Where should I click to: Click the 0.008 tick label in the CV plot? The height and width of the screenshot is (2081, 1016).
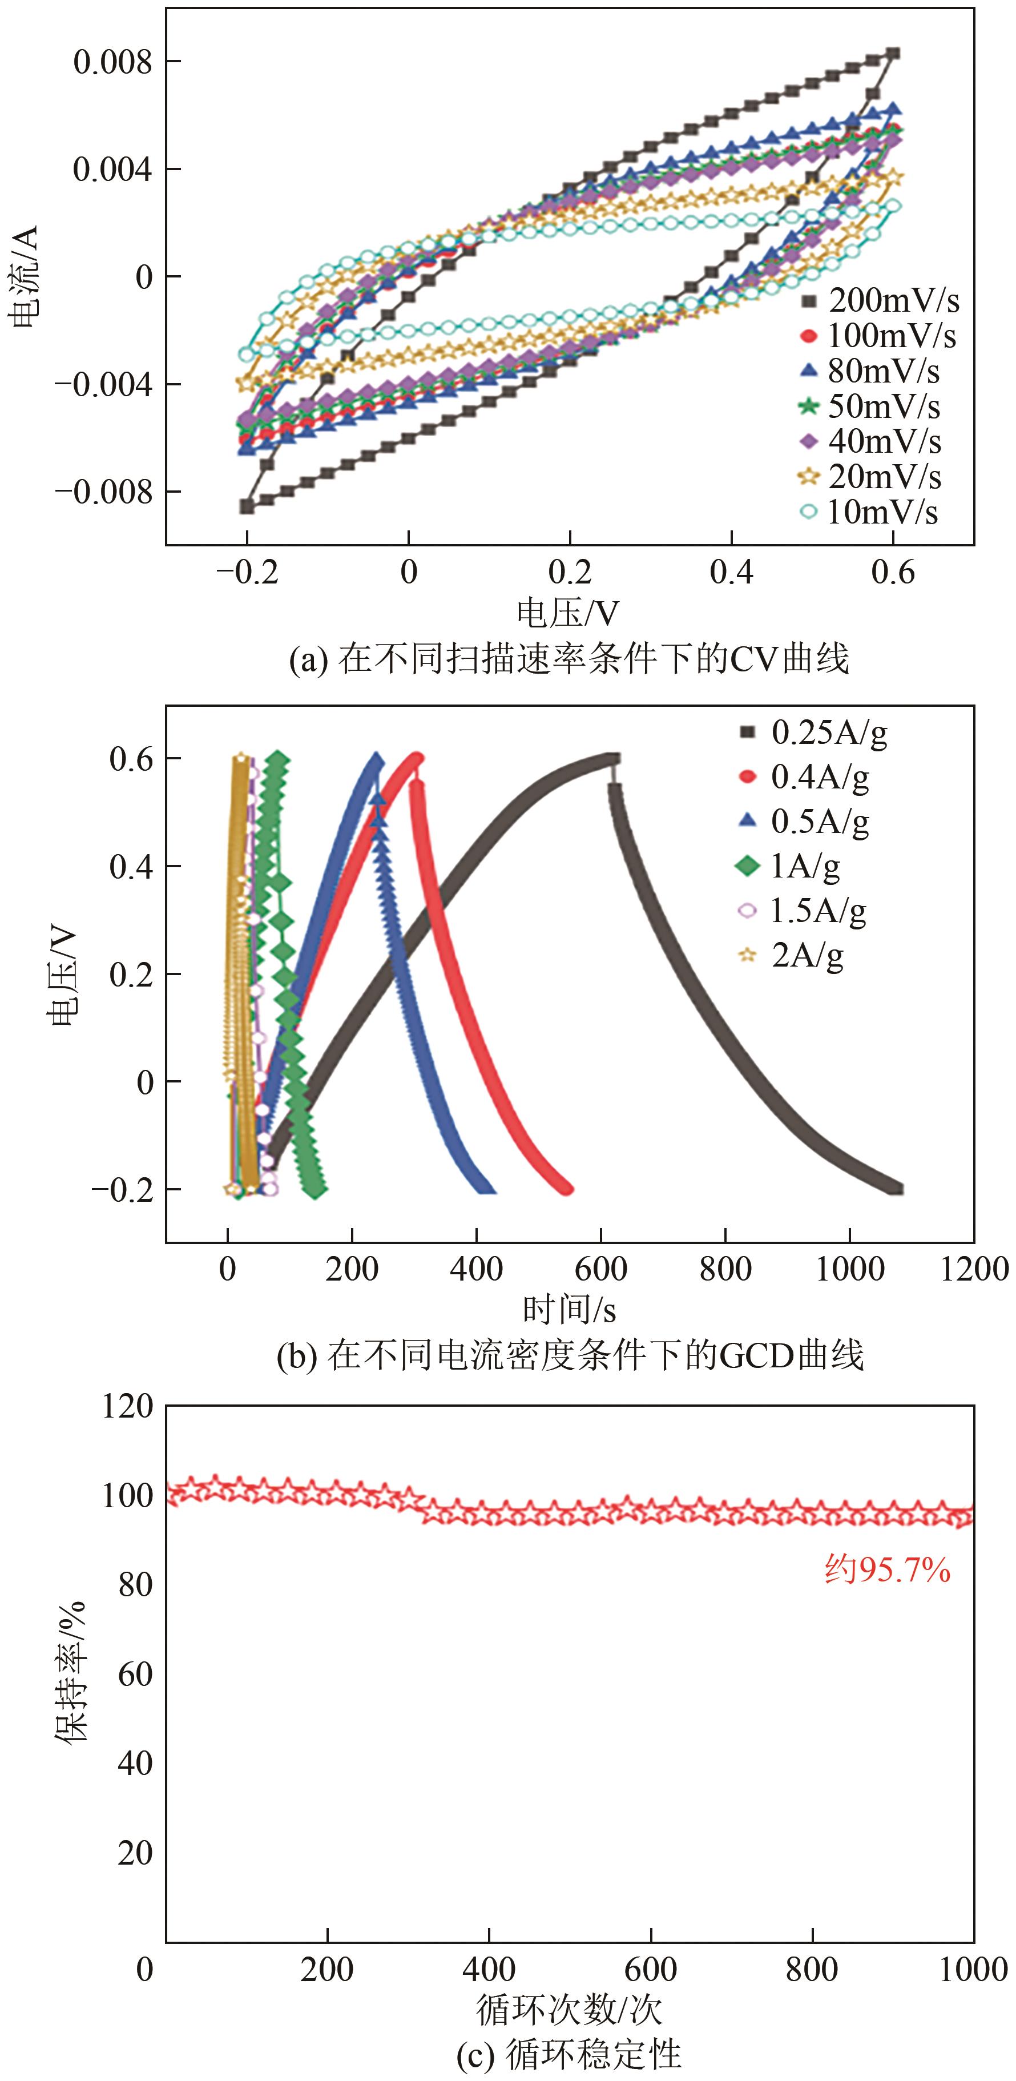pyautogui.click(x=113, y=62)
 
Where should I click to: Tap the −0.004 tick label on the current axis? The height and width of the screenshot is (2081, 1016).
pyautogui.click(x=103, y=385)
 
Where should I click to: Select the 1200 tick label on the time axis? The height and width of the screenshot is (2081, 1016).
pyautogui.click(x=974, y=1269)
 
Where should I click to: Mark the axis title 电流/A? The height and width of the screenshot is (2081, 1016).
pyautogui.click(x=25, y=276)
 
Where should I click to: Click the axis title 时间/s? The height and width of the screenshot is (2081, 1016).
pyautogui.click(x=570, y=1310)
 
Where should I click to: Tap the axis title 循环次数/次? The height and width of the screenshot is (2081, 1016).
pyautogui.click(x=570, y=2011)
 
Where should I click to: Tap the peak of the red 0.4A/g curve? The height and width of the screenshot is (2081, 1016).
pyautogui.click(x=417, y=758)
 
